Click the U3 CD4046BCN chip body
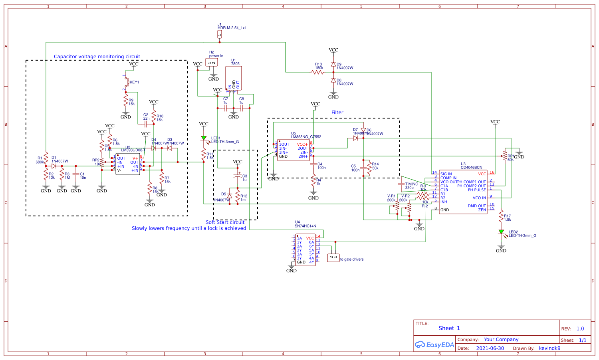click(463, 192)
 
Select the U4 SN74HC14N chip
click(305, 250)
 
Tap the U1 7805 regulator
click(234, 78)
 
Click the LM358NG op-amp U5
click(293, 150)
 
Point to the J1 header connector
click(219, 35)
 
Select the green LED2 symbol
click(501, 232)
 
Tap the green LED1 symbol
click(204, 138)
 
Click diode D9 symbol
click(333, 64)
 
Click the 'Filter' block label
click(337, 113)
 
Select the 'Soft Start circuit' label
click(225, 222)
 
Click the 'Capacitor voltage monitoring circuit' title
click(97, 57)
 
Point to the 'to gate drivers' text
click(352, 259)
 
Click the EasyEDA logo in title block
click(434, 345)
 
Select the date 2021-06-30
click(490, 348)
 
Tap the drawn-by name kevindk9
click(549, 348)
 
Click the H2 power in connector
click(212, 63)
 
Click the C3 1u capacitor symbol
click(238, 176)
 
